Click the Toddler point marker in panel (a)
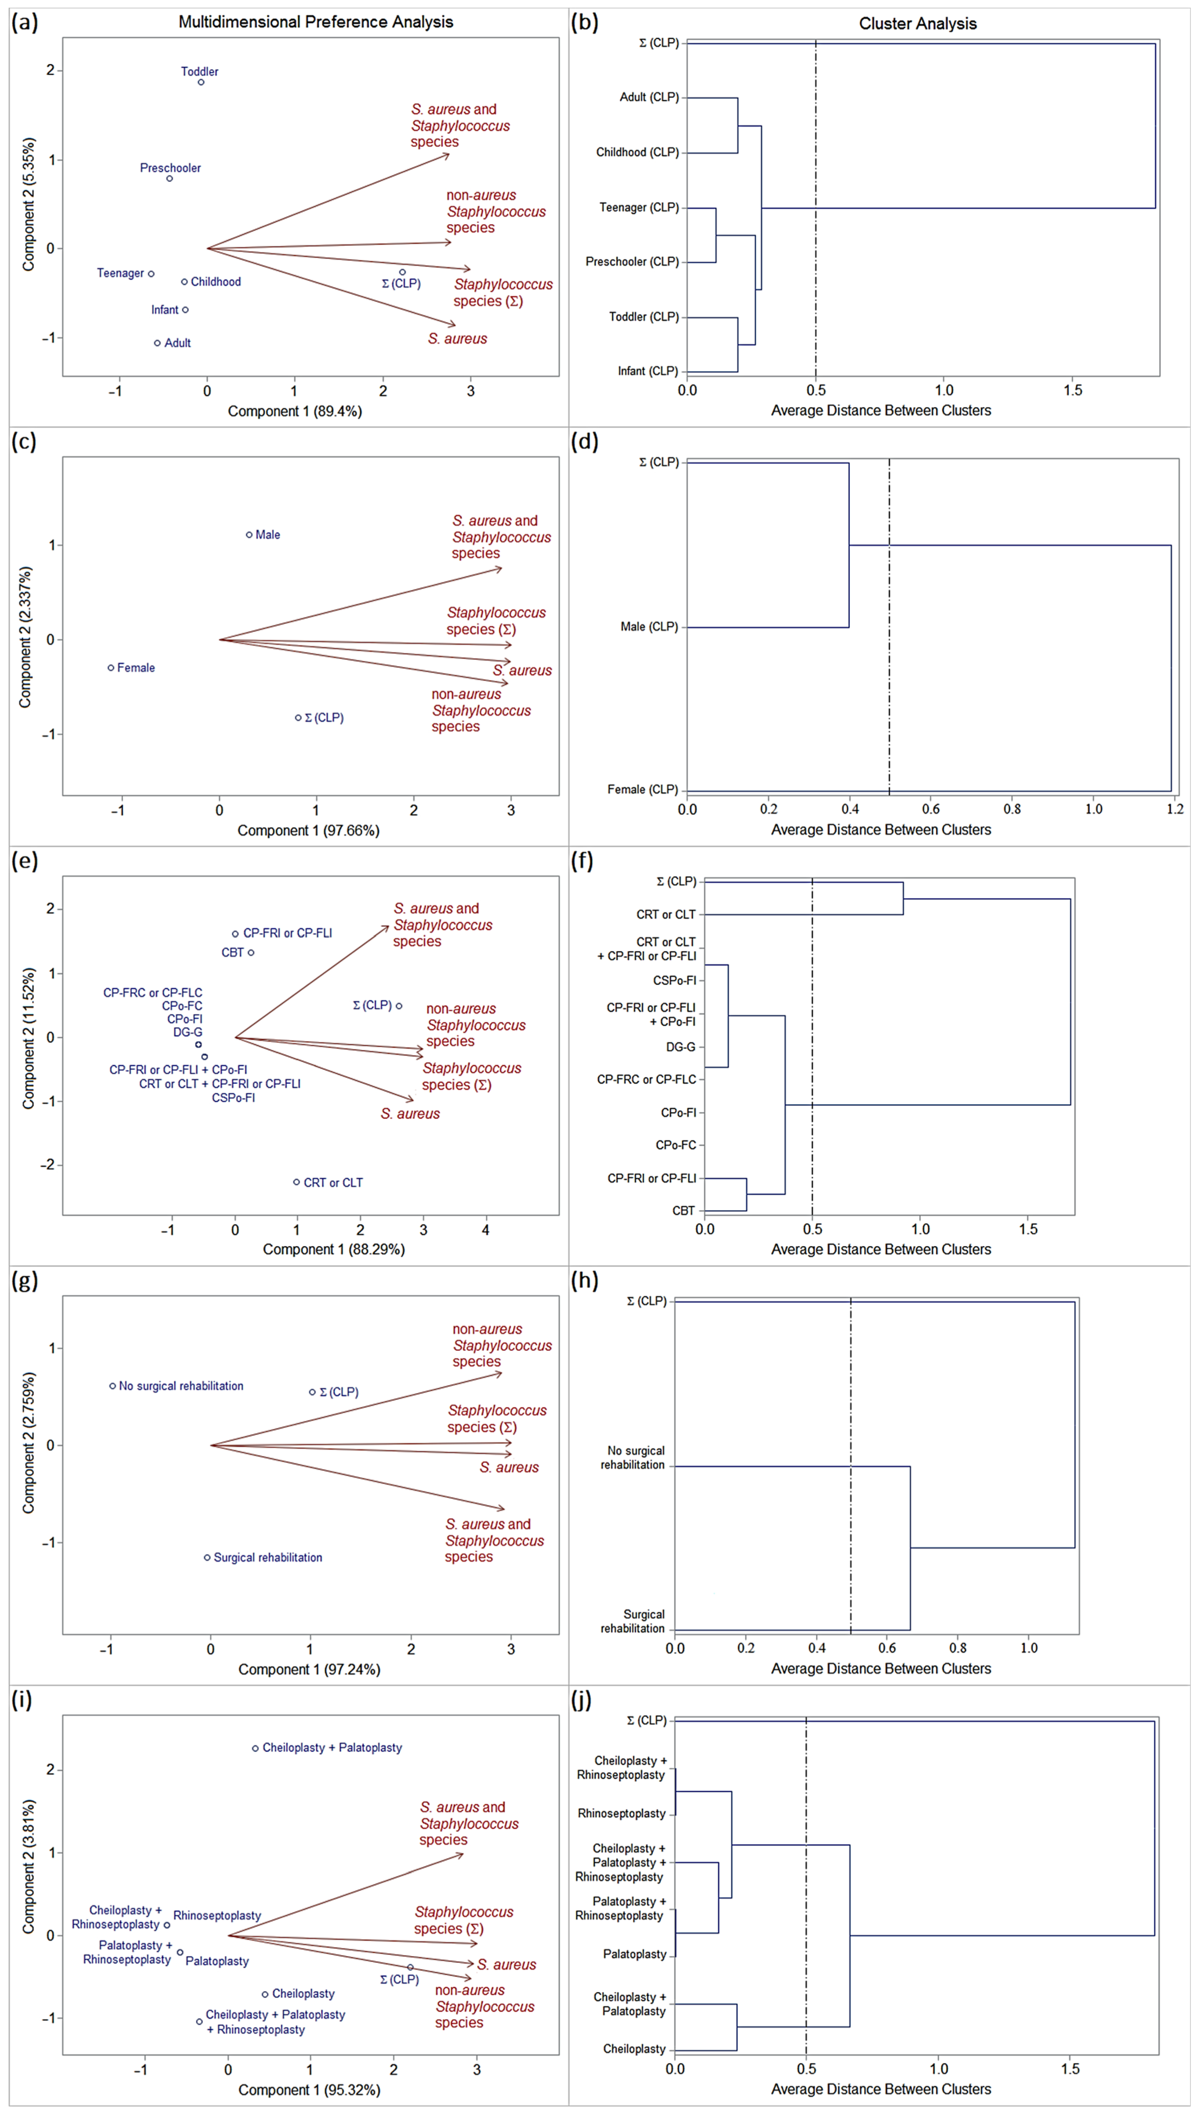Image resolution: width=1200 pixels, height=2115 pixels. click(x=201, y=82)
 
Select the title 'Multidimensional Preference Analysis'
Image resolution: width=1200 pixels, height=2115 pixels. click(x=316, y=22)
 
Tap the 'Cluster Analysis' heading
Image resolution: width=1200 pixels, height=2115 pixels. click(x=917, y=24)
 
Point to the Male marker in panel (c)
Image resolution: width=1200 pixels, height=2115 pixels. click(x=249, y=535)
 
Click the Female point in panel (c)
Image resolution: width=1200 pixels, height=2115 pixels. click(x=111, y=668)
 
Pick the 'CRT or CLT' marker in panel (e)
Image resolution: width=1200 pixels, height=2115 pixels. click(x=297, y=1182)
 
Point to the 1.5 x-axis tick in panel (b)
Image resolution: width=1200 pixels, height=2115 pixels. click(x=1072, y=391)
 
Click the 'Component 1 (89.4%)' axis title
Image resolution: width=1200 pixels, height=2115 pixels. click(x=294, y=411)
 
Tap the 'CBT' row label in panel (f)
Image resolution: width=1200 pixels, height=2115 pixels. click(x=683, y=1211)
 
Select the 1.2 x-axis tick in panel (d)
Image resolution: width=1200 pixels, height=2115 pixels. click(x=1174, y=810)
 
